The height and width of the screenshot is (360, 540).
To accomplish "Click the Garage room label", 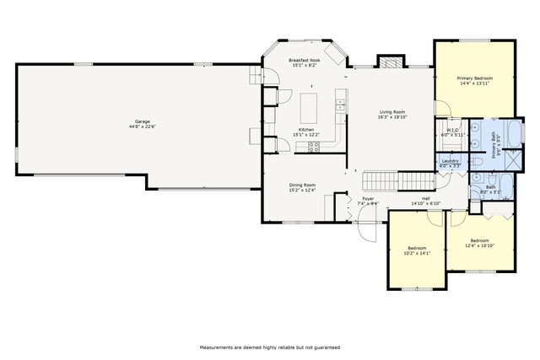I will pos(138,122).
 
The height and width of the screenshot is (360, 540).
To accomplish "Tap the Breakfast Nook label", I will pos(305,61).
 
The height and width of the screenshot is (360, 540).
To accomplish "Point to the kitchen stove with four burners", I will pos(314,146).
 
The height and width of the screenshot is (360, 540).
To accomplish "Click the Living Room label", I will pos(391,112).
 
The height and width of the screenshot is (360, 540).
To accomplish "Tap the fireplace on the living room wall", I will pos(389,62).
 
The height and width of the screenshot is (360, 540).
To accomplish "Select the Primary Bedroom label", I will pos(476,78).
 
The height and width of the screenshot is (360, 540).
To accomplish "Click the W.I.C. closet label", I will pos(451,130).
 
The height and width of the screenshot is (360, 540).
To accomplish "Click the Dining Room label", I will pos(302,185).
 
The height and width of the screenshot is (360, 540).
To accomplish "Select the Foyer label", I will pos(368,200).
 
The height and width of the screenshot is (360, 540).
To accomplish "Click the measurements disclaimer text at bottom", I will pos(269,347).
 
